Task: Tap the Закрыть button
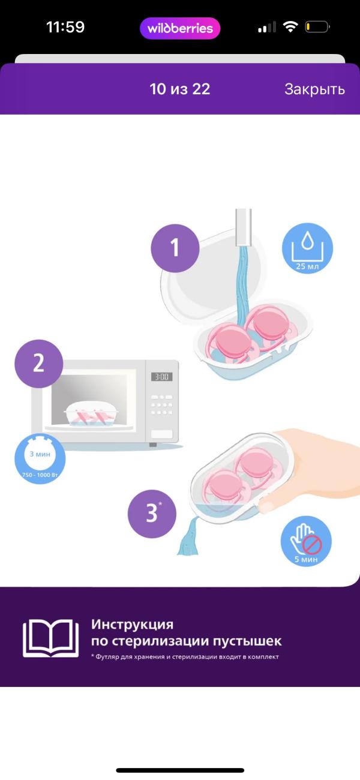pos(314,89)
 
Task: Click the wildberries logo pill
pos(180,28)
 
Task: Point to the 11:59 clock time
pos(65,27)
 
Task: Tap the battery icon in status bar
pos(317,27)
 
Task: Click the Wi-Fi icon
pos(290,26)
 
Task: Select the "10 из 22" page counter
pos(179,89)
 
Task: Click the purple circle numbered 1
pos(175,248)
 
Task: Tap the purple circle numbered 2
pos(38,364)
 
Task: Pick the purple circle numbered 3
pos(152,514)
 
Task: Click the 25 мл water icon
pos(307,248)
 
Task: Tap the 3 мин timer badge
pos(40,458)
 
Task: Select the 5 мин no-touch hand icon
pos(307,541)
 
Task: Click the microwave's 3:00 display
pos(162,376)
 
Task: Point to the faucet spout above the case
pos(243,227)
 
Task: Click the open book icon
pos(51,638)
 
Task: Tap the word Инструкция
pos(133,624)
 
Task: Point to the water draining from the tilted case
pos(188,537)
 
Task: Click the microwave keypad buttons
pos(161,404)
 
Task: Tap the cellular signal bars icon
pos(267,27)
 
